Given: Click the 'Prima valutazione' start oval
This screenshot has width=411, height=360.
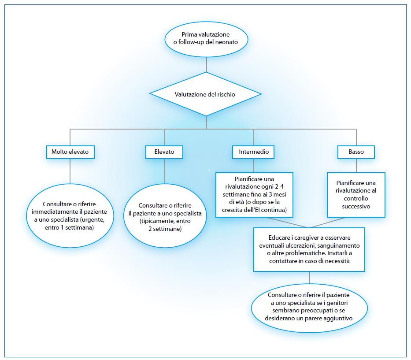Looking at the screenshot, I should click(206, 38).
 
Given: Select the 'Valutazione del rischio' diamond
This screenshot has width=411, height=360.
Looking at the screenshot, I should click(206, 94).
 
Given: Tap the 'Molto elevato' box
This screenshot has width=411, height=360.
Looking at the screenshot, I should click(70, 152).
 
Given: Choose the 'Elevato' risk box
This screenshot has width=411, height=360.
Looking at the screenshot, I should click(164, 152).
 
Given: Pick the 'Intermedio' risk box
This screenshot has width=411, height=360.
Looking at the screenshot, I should click(253, 152).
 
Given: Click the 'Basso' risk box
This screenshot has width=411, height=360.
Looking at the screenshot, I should click(356, 152).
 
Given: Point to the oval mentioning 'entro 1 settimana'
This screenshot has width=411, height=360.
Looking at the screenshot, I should click(70, 215).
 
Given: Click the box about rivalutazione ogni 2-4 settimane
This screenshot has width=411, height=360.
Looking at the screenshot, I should click(254, 195).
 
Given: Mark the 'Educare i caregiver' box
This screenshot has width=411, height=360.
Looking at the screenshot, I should click(309, 249).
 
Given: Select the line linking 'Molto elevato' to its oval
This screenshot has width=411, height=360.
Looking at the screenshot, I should click(70, 172).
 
